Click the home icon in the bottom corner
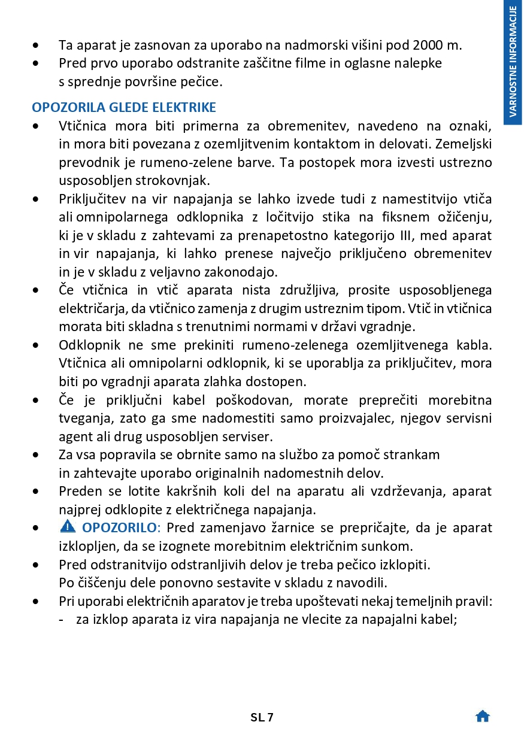point(483,717)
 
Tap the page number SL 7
point(262,717)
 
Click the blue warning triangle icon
point(68,527)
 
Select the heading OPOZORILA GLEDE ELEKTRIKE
point(124,108)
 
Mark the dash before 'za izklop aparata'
point(62,620)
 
